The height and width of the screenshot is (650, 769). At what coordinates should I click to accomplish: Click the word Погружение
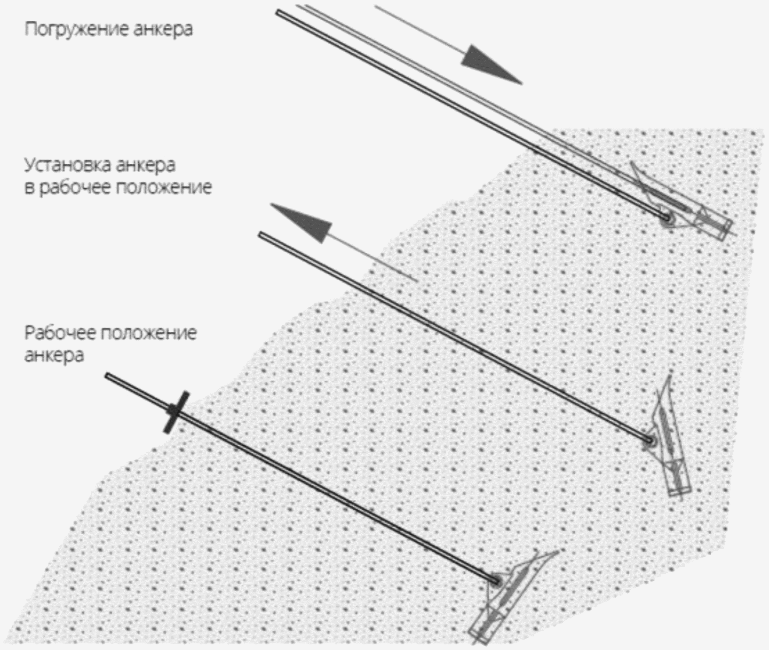tap(76, 29)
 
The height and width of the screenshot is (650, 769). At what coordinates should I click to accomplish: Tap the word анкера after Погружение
tap(163, 30)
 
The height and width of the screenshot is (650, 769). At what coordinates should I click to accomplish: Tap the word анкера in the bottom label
tap(54, 355)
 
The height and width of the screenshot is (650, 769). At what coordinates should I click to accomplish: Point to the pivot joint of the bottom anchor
tap(495, 581)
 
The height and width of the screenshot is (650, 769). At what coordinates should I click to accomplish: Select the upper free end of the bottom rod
tap(108, 377)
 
